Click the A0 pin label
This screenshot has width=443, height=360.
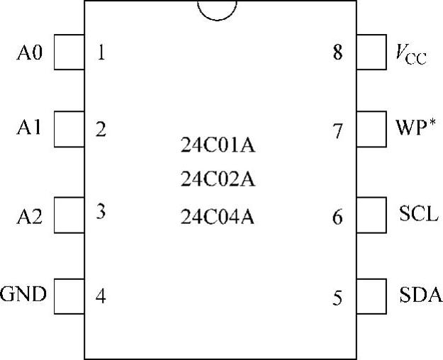29,54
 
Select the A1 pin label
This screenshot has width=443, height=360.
29,129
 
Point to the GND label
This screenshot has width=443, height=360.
23,293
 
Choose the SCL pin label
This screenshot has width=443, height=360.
415,215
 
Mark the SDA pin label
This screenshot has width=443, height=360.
416,294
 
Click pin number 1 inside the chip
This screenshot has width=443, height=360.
101,53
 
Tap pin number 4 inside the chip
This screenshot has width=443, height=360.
101,296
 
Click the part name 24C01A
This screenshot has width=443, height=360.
217,148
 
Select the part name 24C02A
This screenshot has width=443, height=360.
217,181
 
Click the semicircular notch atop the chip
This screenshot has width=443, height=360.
217,9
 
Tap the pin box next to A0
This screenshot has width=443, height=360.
68,54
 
